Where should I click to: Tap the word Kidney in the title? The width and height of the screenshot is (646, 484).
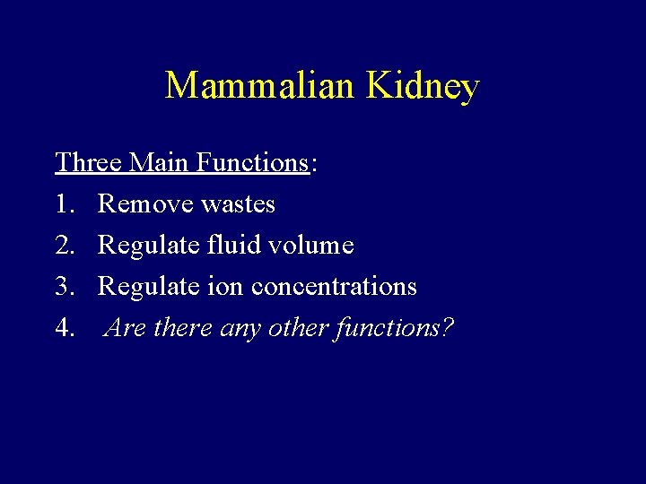coord(423,87)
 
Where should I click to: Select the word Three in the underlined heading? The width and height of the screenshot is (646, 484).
coord(89,162)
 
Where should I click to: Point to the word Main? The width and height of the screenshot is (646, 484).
coord(161,162)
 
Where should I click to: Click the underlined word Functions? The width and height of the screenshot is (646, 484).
coord(252,162)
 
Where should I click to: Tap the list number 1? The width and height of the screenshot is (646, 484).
coord(65,204)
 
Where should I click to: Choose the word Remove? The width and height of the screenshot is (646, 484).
coord(145,204)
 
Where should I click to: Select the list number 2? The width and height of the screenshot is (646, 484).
coord(65,246)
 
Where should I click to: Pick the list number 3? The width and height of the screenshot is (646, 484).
coord(65,287)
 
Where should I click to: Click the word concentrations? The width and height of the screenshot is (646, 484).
coord(334,287)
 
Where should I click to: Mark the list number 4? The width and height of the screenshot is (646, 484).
coord(65,328)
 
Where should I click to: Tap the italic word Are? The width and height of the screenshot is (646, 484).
coord(127,328)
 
